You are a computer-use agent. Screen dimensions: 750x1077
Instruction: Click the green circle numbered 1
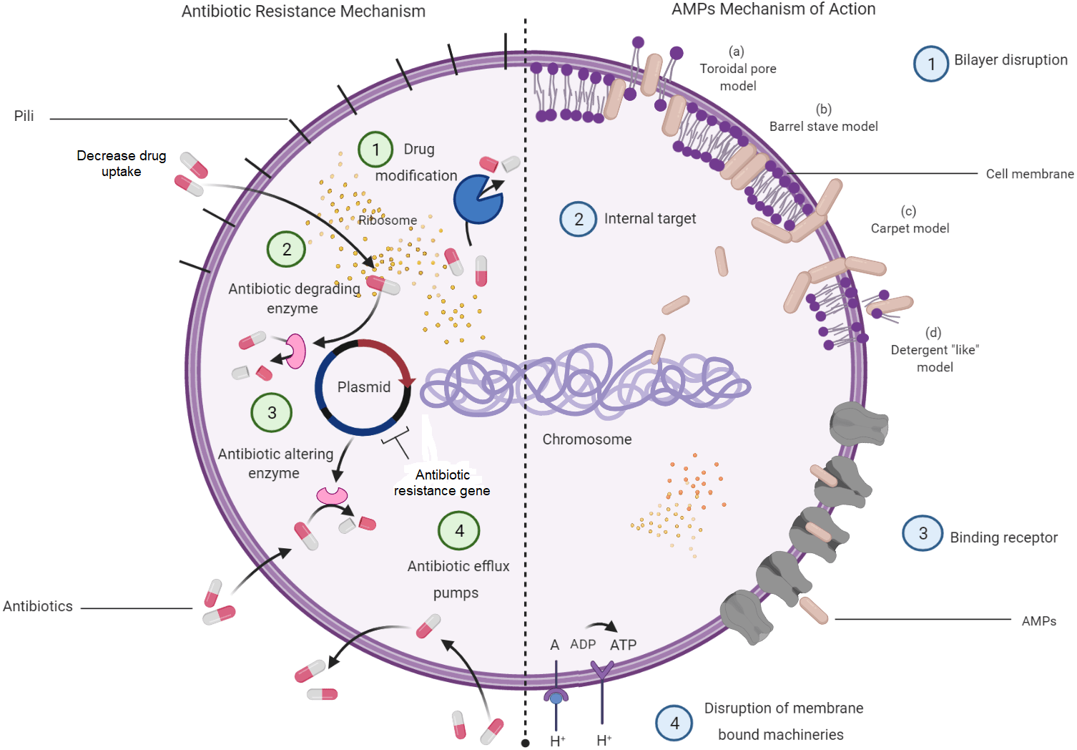pyautogui.click(x=375, y=150)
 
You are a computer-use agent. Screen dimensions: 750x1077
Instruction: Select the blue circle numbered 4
pyautogui.click(x=674, y=723)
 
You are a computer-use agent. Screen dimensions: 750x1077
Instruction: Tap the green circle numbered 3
pyautogui.click(x=272, y=413)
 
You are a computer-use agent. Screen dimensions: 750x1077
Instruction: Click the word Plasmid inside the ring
pyautogui.click(x=364, y=387)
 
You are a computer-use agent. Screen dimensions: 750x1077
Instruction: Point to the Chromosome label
pyautogui.click(x=586, y=439)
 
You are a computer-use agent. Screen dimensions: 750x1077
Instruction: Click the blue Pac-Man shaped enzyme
pyautogui.click(x=477, y=200)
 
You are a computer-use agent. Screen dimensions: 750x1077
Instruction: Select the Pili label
pyautogui.click(x=24, y=116)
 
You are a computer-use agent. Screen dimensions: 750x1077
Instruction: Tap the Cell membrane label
pyautogui.click(x=1029, y=174)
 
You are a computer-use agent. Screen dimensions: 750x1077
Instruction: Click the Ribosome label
pyautogui.click(x=388, y=220)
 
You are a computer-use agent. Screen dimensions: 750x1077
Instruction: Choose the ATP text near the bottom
pyautogui.click(x=623, y=645)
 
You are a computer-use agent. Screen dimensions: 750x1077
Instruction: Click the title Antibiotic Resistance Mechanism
pyautogui.click(x=303, y=11)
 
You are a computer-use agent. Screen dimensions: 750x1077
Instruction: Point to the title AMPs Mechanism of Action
pyautogui.click(x=773, y=9)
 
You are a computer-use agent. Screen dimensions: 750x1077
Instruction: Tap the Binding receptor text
pyautogui.click(x=1003, y=537)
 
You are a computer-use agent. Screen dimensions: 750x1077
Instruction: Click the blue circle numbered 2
pyautogui.click(x=578, y=219)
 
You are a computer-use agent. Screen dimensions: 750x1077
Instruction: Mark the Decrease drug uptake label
pyautogui.click(x=122, y=163)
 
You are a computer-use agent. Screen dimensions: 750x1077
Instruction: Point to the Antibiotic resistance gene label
pyautogui.click(x=442, y=483)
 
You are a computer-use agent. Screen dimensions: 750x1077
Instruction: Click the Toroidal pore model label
pyautogui.click(x=737, y=69)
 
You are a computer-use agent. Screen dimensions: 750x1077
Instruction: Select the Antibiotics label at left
pyautogui.click(x=38, y=606)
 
